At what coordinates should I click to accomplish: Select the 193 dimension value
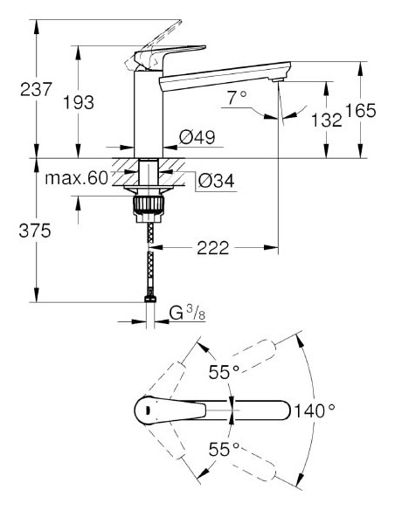tap(80, 102)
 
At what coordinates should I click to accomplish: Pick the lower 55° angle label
tap(224, 450)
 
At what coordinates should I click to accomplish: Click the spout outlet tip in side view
tap(279, 81)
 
